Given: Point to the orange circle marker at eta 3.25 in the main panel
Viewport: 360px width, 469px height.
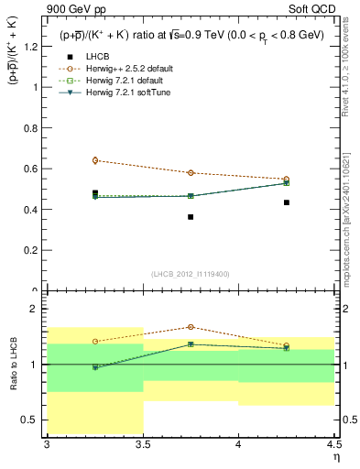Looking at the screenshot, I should pos(95,160).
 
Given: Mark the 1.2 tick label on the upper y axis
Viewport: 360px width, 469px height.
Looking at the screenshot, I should pos(32,47).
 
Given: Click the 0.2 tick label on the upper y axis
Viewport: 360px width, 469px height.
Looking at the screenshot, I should pos(32,250).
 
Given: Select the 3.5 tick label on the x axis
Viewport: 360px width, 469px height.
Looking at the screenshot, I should pos(143,444).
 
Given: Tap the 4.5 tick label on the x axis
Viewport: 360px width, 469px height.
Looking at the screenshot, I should pos(333,444).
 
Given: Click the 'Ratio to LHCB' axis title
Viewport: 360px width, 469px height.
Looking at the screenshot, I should pos(13,365).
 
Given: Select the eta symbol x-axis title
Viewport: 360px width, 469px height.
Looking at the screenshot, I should pos(335,455).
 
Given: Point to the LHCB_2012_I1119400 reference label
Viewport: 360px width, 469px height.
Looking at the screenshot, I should pos(191,274).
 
